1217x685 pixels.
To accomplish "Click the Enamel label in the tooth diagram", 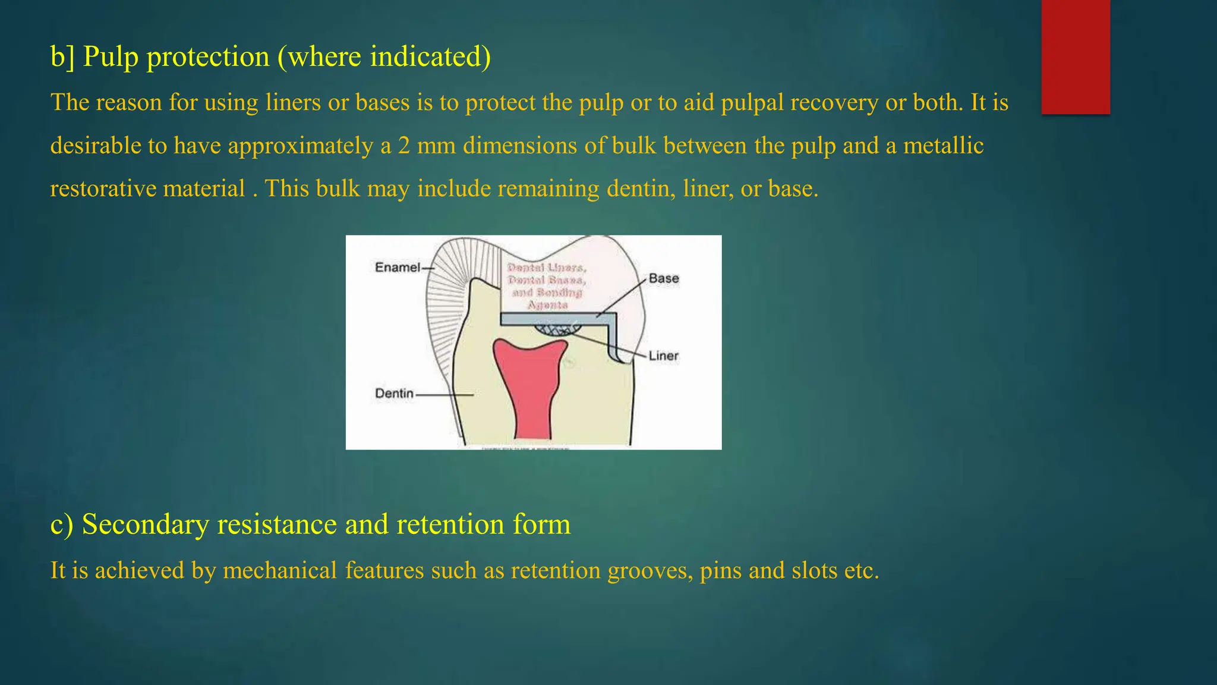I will point(397,268).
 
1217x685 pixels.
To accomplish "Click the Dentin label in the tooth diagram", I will point(394,394).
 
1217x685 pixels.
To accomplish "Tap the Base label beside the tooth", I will point(663,278).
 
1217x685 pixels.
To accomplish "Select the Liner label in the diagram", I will point(663,356).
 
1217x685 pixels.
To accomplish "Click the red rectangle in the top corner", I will point(1076,56).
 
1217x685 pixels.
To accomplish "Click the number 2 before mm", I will point(404,146).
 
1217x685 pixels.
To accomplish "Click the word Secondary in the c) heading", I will point(145,524).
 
